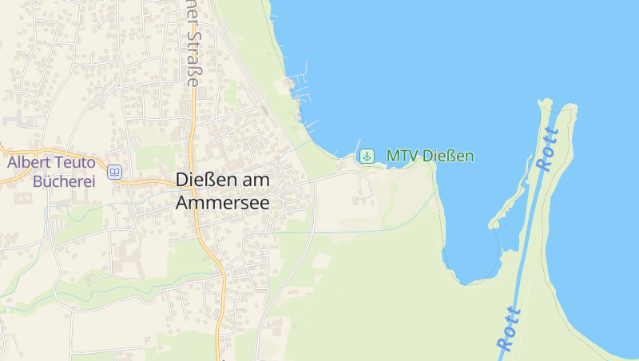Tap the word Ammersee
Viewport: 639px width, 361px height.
pos(222,203)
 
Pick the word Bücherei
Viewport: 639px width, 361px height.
pos(63,180)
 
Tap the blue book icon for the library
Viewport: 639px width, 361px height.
pos(115,172)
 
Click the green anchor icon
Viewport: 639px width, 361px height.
pos(367,156)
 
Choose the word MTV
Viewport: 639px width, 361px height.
pos(402,156)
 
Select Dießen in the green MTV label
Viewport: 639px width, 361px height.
pos(448,156)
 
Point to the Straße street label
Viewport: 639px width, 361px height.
pos(192,57)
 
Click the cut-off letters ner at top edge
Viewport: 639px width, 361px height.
pos(192,8)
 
